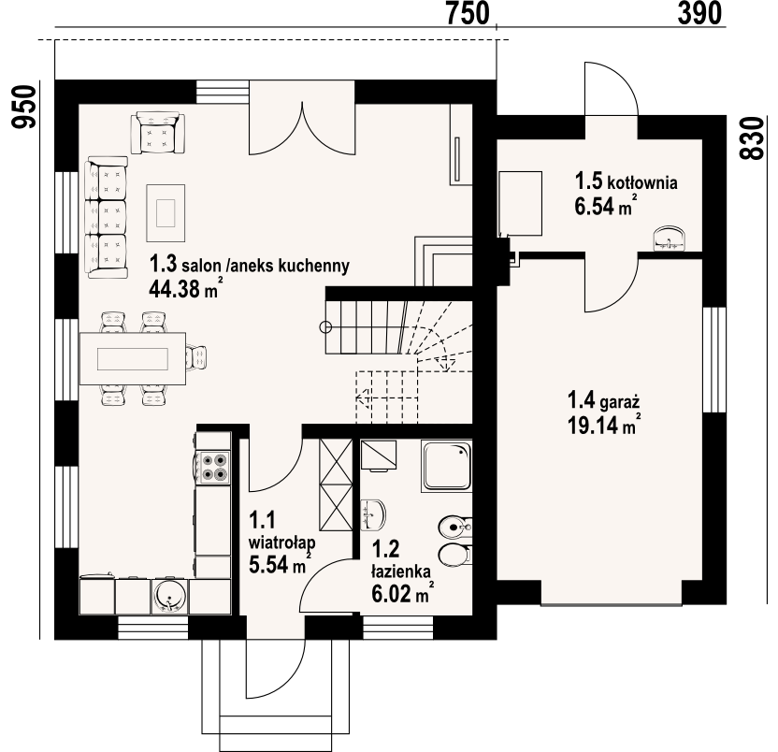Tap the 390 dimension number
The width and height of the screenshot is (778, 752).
click(x=699, y=13)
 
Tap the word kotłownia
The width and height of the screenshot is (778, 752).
click(x=642, y=182)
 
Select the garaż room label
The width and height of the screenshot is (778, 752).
click(x=619, y=402)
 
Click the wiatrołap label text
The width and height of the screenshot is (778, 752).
click(x=281, y=542)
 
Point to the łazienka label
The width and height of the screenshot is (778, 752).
click(x=401, y=571)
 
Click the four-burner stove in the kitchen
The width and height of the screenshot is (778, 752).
click(x=214, y=467)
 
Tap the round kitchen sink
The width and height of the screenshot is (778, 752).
click(x=169, y=595)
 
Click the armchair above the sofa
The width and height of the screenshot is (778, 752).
click(x=158, y=133)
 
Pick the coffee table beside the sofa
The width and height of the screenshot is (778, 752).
click(x=166, y=213)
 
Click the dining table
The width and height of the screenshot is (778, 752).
click(x=133, y=358)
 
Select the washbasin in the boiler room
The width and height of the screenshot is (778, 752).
click(x=670, y=239)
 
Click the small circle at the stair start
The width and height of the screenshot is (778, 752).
click(x=325, y=326)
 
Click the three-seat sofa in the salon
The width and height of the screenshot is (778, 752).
click(x=107, y=217)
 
